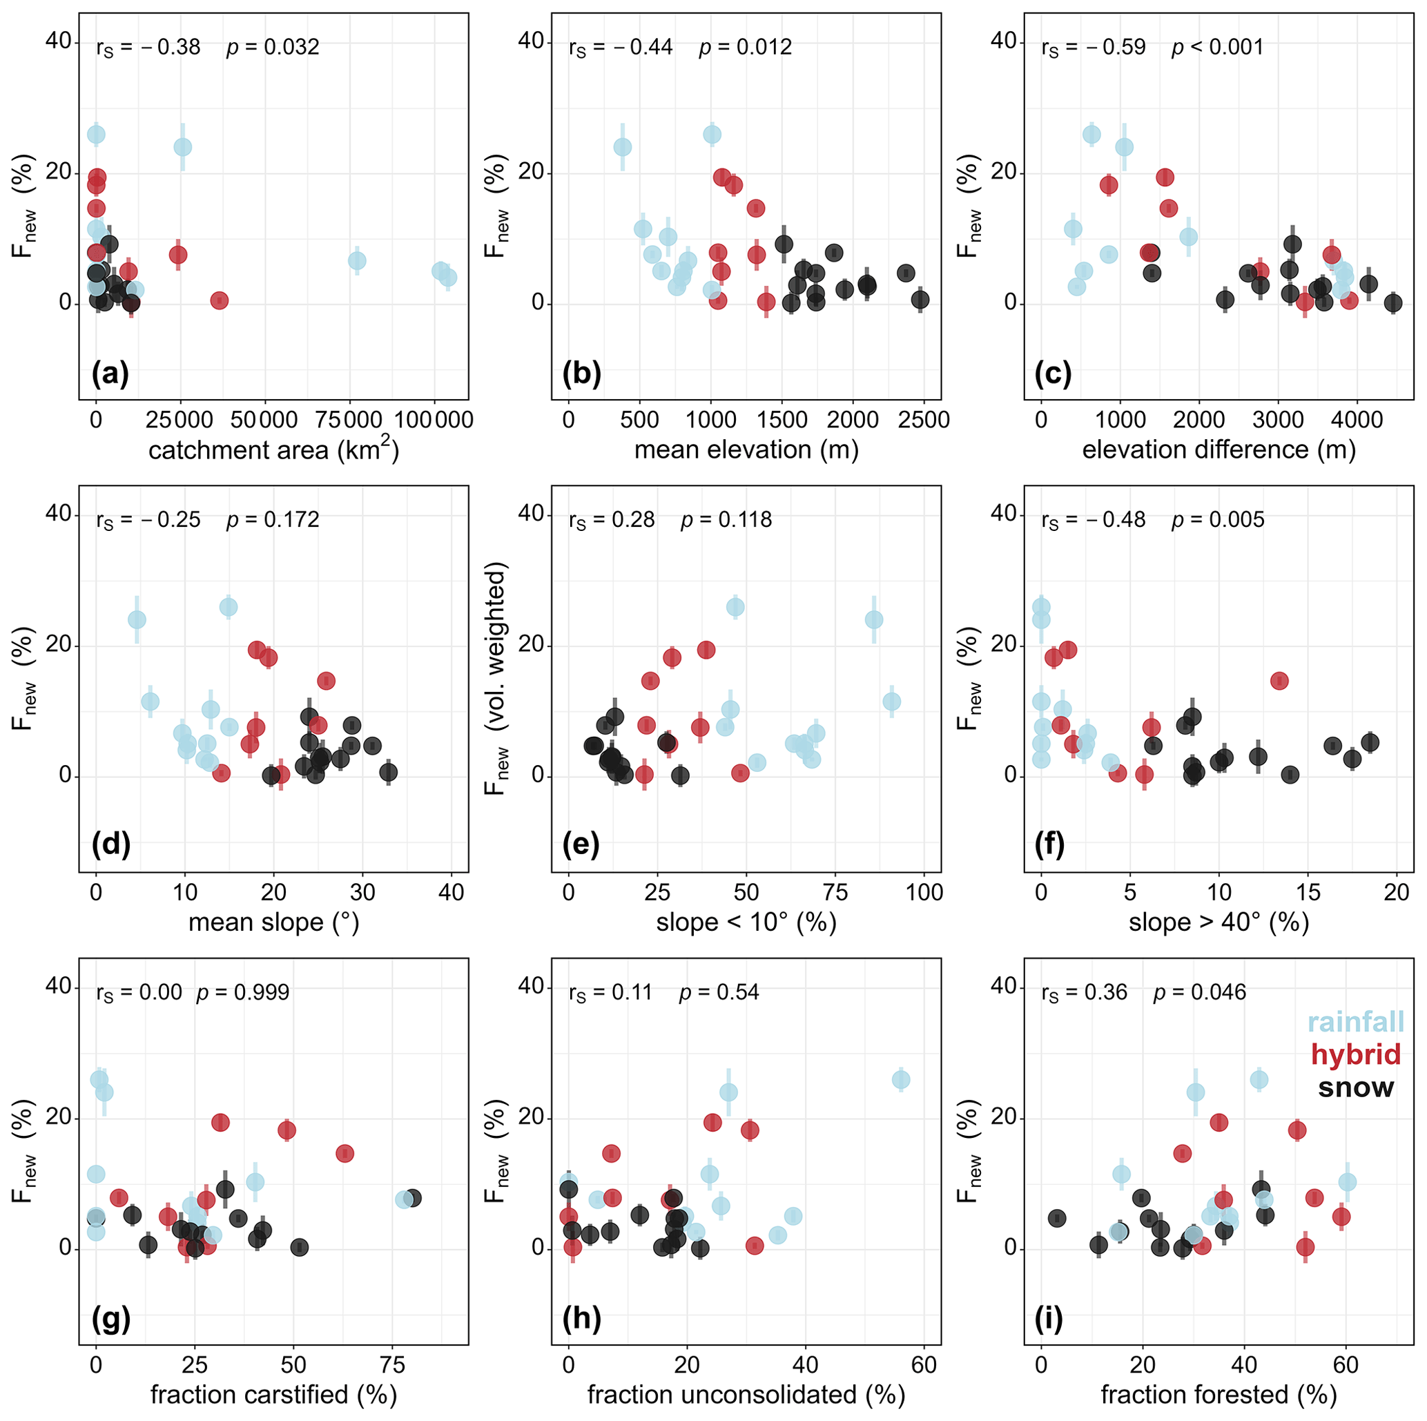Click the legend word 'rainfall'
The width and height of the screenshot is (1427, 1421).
(1355, 1022)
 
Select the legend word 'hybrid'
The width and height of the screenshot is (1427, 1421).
(1355, 1054)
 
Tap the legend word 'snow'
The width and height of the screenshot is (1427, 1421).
(1355, 1087)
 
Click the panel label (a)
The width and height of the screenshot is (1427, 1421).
(110, 374)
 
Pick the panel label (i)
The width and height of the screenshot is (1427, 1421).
(1047, 1317)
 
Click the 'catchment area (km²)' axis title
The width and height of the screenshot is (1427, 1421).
(273, 449)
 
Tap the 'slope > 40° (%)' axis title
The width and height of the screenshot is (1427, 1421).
(1219, 922)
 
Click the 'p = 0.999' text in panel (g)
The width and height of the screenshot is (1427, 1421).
(242, 992)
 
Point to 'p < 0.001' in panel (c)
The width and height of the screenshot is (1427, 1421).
(1217, 47)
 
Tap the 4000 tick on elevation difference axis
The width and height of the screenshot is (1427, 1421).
(1356, 420)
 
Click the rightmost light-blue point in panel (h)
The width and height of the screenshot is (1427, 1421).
(900, 1080)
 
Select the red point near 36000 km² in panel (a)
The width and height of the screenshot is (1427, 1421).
(219, 300)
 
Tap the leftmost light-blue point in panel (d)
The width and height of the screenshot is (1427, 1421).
(137, 619)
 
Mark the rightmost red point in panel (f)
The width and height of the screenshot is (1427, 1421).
(1279, 680)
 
